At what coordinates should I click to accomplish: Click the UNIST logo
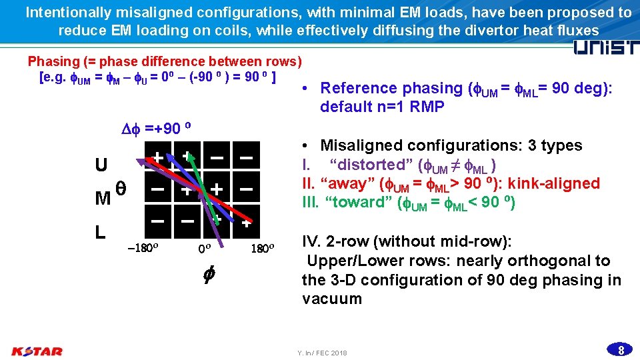click(606, 48)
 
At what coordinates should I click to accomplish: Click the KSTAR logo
click(37, 351)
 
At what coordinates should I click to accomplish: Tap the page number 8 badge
click(620, 350)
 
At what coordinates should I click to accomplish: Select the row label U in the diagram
click(101, 165)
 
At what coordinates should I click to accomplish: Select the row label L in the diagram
click(100, 232)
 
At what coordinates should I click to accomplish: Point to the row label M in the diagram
click(103, 198)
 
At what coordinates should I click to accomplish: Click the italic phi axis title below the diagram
click(207, 273)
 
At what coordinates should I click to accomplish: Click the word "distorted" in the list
click(367, 165)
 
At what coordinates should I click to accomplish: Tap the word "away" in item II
click(349, 183)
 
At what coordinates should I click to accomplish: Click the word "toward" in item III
click(357, 202)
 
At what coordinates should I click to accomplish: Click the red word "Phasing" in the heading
click(54, 61)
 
